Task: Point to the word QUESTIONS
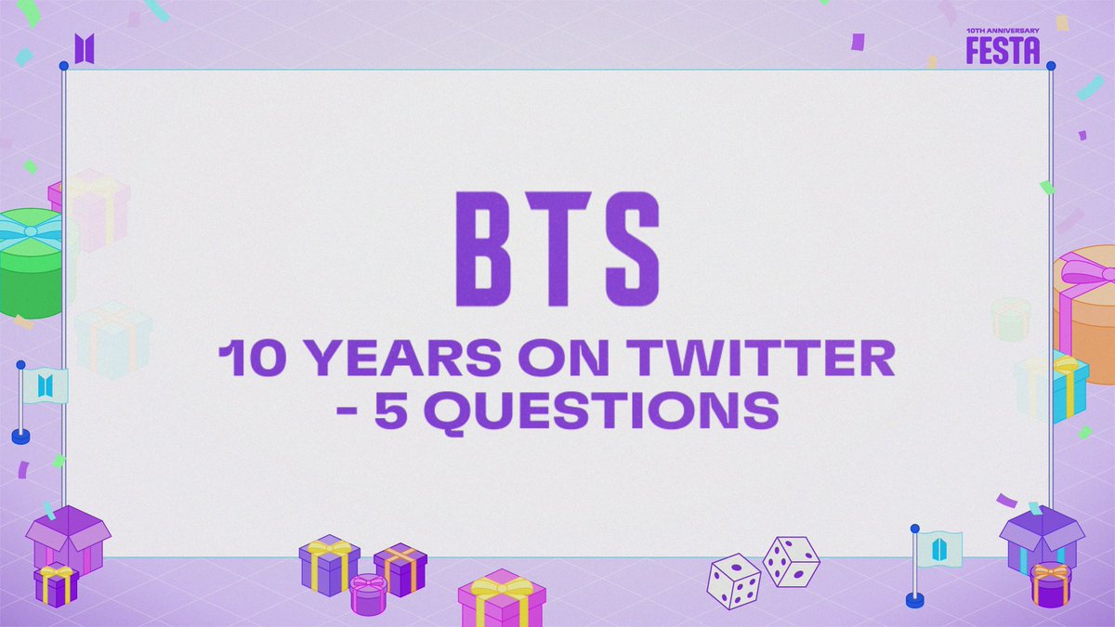coord(606,410)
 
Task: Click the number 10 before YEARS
coord(248,359)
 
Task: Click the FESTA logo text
coord(1003,50)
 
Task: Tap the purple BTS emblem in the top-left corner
coord(85,48)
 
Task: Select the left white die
coord(734,581)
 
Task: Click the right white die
coord(792,560)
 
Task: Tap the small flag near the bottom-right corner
coord(937,547)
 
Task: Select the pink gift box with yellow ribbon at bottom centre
coord(502,599)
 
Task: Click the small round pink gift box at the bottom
coord(368,594)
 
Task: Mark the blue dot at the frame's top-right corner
coord(1051,66)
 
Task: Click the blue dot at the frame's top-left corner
coord(63,66)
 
